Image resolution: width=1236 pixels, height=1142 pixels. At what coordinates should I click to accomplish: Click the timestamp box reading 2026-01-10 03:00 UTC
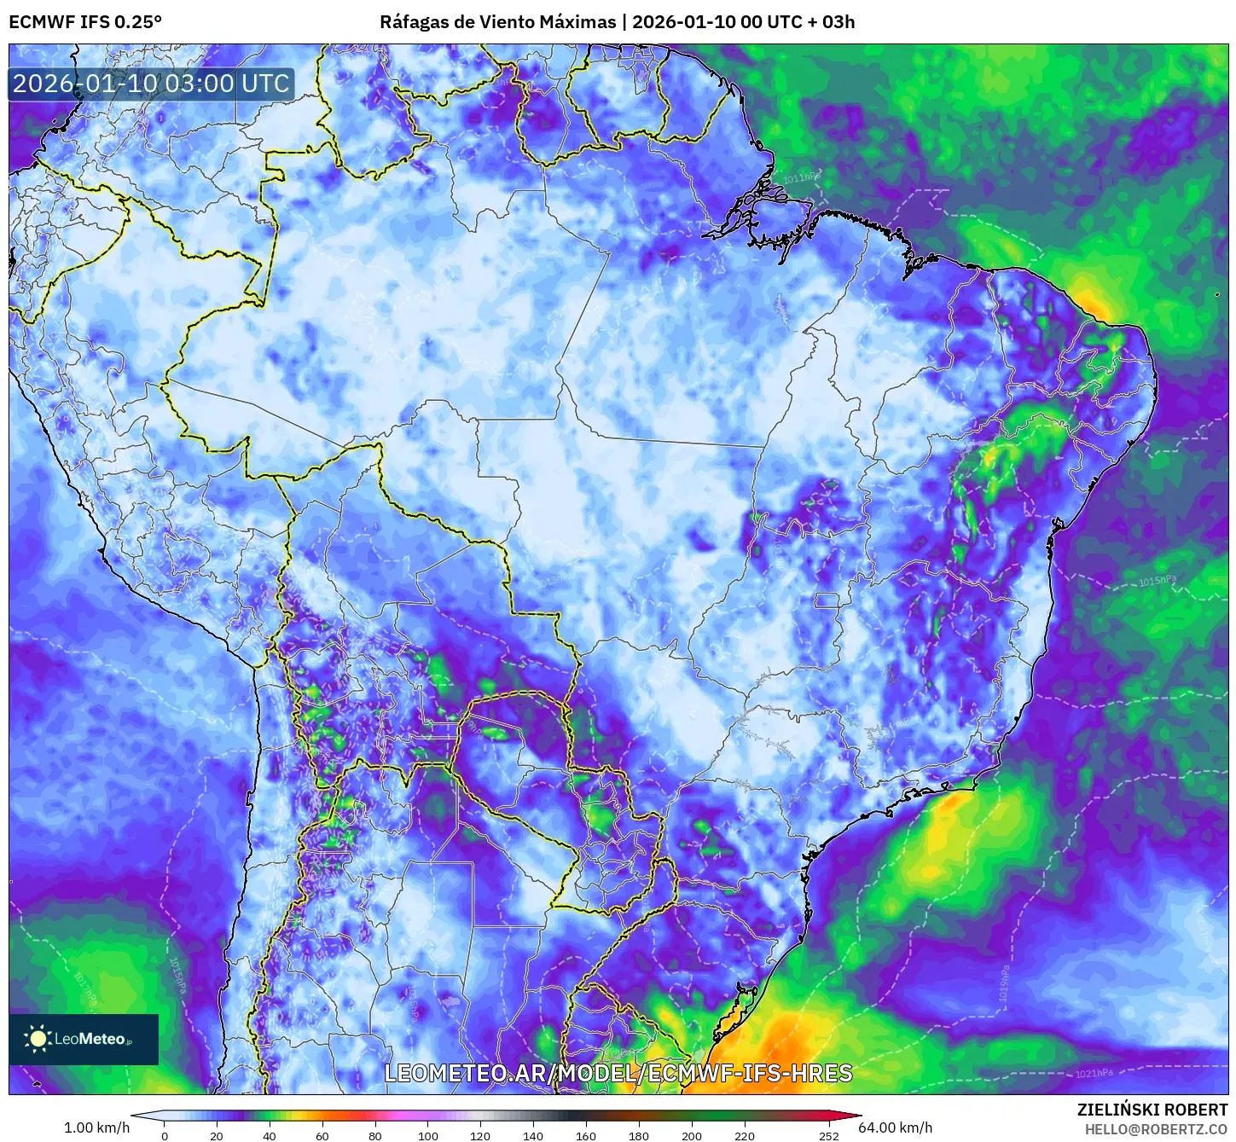click(152, 84)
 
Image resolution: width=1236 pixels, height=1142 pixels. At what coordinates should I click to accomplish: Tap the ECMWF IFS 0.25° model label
click(85, 21)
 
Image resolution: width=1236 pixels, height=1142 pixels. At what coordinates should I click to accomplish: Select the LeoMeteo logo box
click(84, 1039)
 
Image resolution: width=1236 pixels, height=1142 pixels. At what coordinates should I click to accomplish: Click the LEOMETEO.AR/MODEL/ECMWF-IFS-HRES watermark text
click(618, 1073)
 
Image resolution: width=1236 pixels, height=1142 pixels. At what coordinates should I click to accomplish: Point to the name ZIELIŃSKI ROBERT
click(1152, 1110)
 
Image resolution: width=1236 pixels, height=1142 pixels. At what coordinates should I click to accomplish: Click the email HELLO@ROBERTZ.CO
click(1156, 1129)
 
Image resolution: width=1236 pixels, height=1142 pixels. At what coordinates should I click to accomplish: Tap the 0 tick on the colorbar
click(165, 1135)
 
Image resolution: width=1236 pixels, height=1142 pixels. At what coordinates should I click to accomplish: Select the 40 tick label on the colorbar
click(270, 1135)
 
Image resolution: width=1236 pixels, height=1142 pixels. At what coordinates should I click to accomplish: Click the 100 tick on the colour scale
click(428, 1135)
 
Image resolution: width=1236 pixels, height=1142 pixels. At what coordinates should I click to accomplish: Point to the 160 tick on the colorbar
click(586, 1135)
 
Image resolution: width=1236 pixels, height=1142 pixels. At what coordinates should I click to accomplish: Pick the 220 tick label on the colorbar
click(745, 1135)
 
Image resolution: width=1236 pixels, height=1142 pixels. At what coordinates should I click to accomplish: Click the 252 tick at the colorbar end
click(829, 1135)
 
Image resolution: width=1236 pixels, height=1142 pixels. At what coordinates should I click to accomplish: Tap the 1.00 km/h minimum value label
click(96, 1128)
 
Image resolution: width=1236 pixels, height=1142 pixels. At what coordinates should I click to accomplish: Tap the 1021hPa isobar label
click(1094, 1073)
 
